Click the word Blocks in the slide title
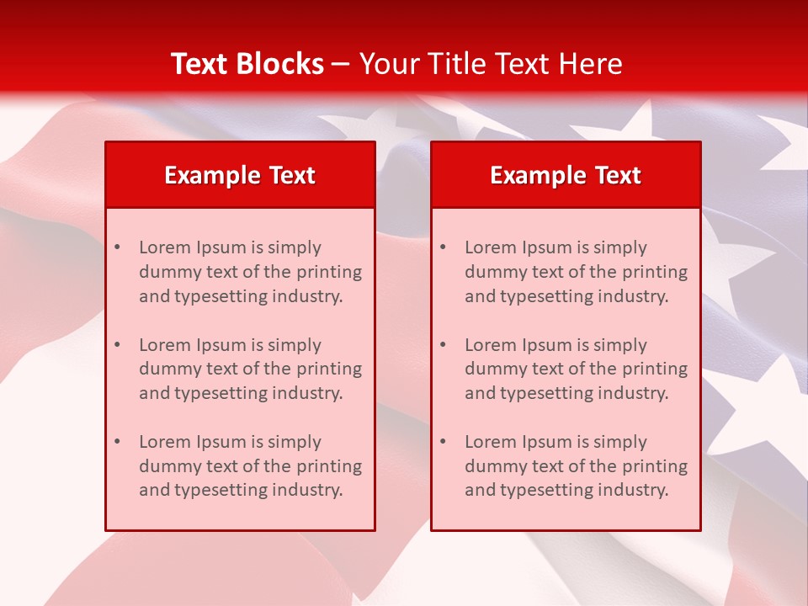click(279, 64)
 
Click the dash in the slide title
click(341, 65)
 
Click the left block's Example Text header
click(240, 175)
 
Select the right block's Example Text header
click(566, 175)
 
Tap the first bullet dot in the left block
click(118, 247)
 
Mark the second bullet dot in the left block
click(118, 345)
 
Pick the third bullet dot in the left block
click(118, 442)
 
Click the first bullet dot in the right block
click(444, 247)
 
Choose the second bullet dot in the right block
click(444, 345)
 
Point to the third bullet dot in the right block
click(444, 442)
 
